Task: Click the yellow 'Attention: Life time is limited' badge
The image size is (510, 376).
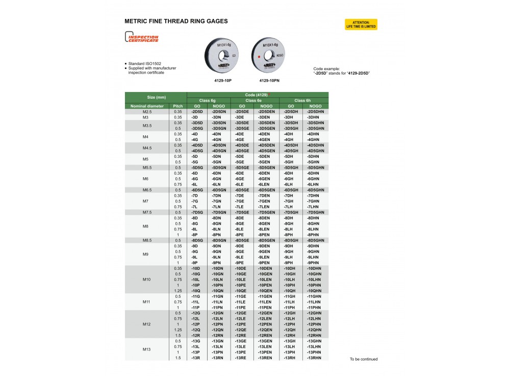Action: coord(361,24)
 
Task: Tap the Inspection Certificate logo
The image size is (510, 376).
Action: coord(142,38)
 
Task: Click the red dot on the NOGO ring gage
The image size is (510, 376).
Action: coord(259,56)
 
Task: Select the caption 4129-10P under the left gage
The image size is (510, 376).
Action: coord(223,80)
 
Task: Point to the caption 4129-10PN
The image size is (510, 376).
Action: coord(269,80)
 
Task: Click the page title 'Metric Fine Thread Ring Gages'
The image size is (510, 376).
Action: coord(176,21)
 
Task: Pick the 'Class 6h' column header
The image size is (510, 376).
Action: coord(303,101)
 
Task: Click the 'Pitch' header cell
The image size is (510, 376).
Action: coord(178,106)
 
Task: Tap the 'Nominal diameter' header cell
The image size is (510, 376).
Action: coord(147,106)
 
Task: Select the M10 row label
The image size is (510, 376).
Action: coord(147,279)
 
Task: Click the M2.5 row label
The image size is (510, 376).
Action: coord(147,111)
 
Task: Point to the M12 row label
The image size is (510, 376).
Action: coord(147,324)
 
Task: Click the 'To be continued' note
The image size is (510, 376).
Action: coord(364,359)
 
